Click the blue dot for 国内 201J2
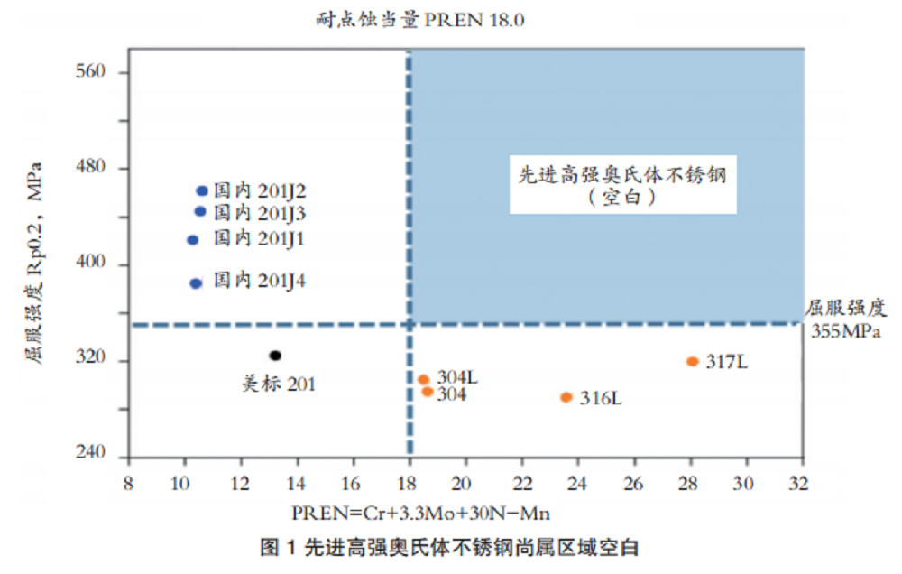[202, 191]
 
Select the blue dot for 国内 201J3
[200, 212]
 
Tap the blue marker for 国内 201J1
[192, 240]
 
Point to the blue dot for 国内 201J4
[196, 283]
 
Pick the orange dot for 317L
[693, 362]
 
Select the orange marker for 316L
[566, 397]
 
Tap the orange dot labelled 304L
[423, 380]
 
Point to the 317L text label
[727, 363]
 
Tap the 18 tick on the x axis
[409, 483]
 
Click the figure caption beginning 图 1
[449, 547]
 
